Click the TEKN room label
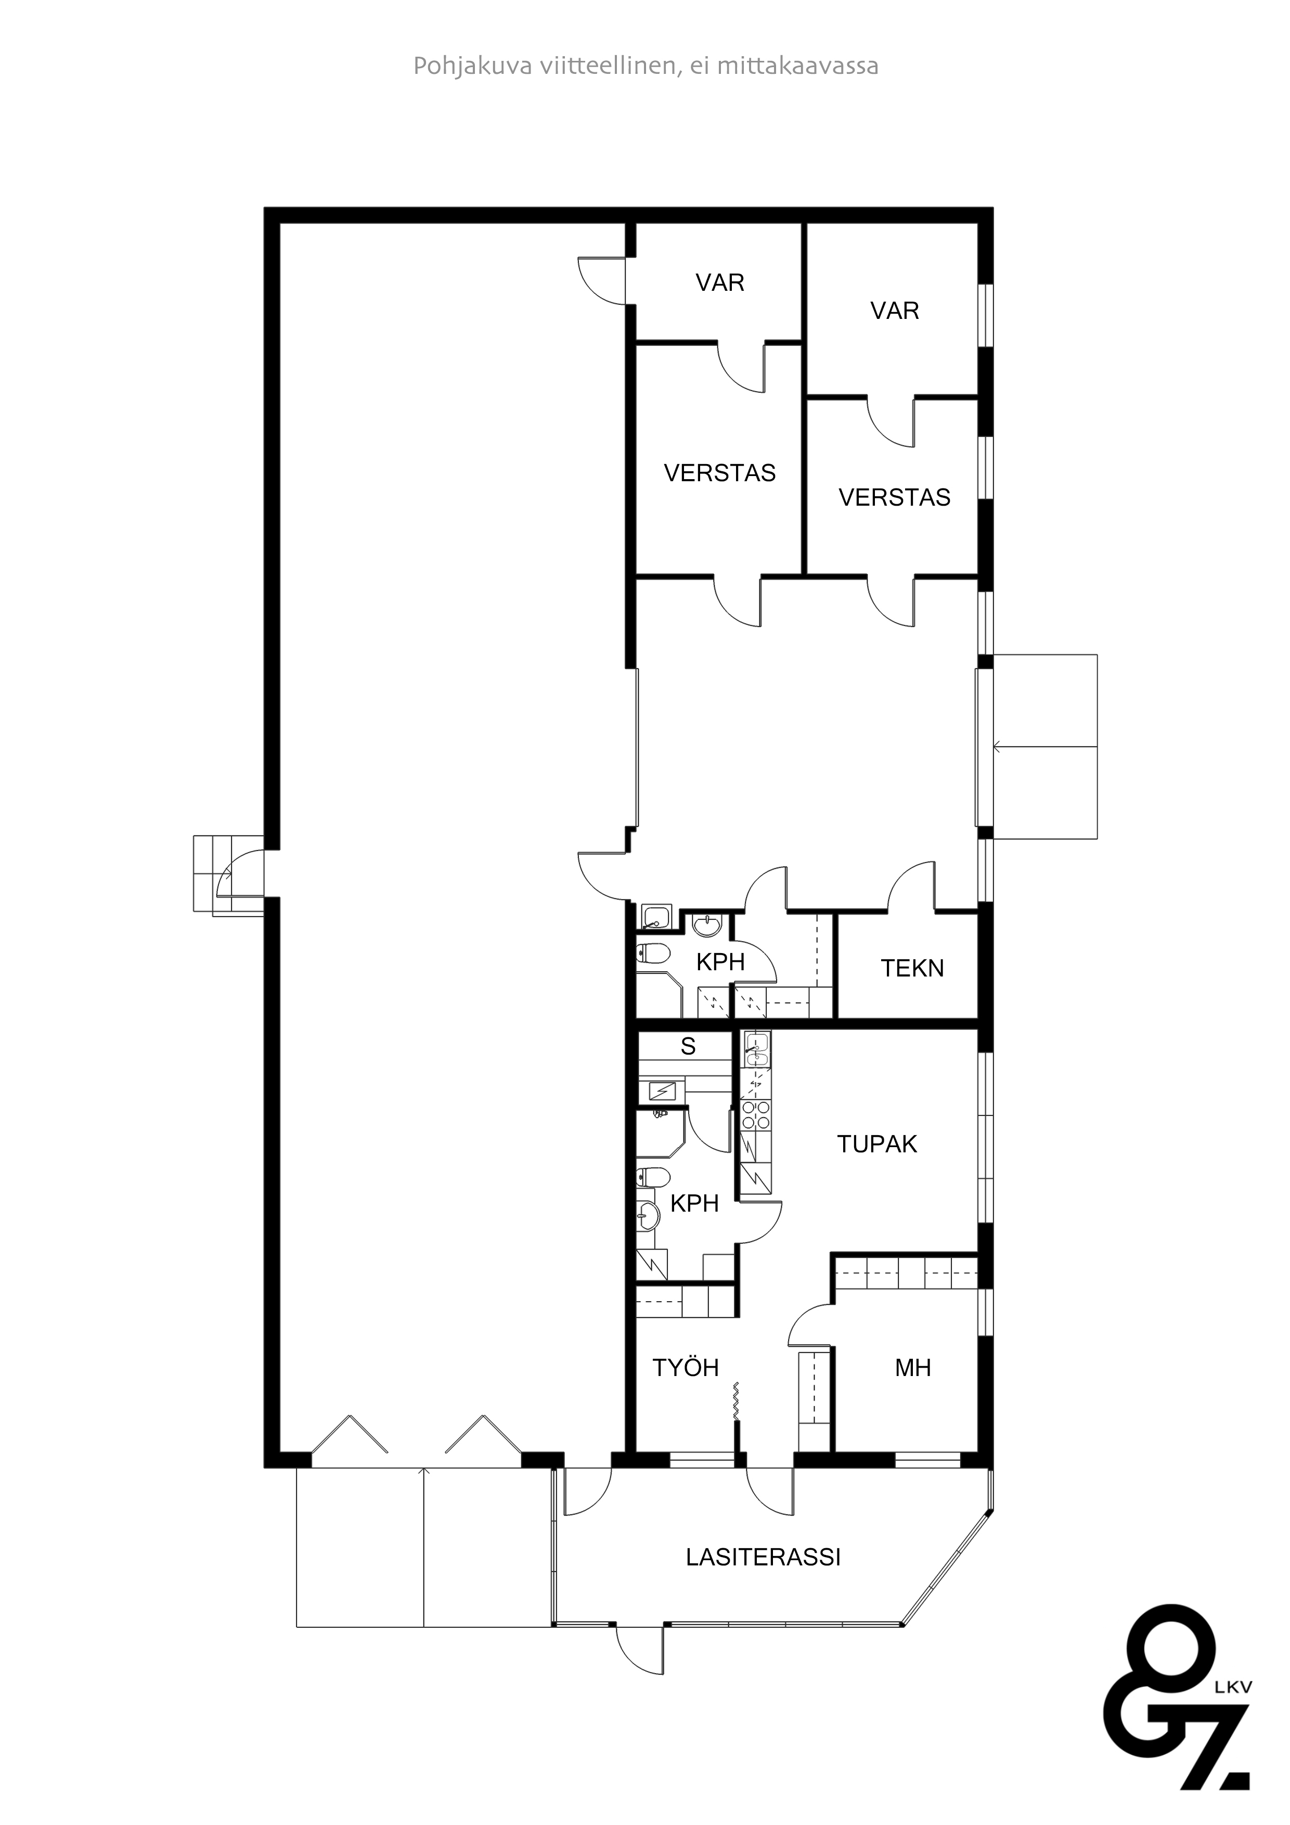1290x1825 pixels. (x=912, y=968)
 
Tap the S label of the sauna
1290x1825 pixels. (x=688, y=1047)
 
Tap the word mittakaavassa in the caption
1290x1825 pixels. (x=797, y=65)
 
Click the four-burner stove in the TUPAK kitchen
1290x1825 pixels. (x=755, y=1116)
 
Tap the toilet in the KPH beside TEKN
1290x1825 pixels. (x=653, y=953)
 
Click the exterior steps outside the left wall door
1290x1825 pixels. (x=217, y=873)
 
